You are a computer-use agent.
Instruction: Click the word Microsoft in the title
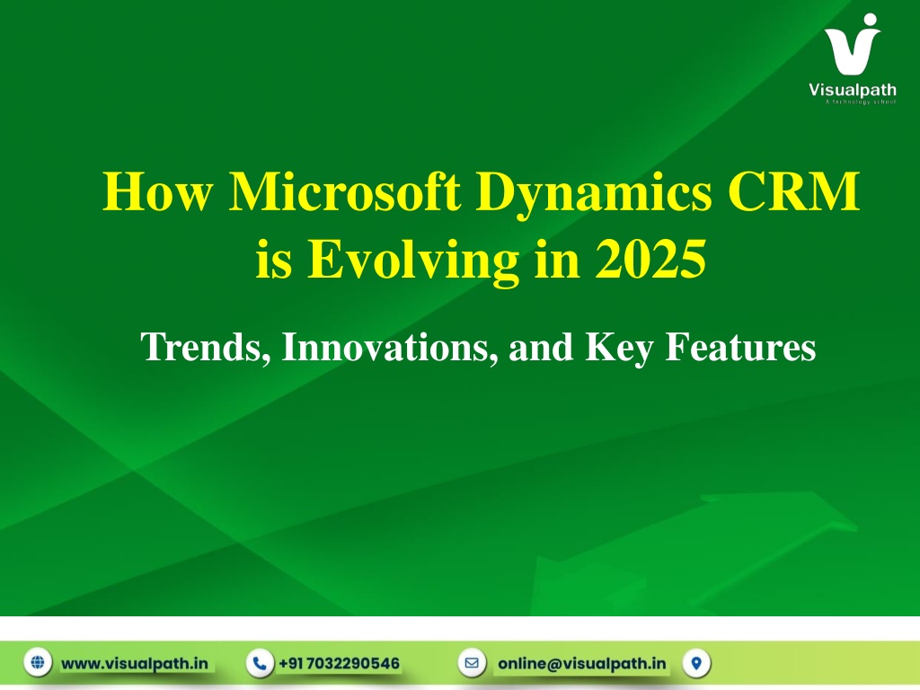[x=345, y=191]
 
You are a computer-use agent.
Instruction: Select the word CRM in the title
[x=794, y=191]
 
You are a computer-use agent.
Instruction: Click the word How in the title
[x=158, y=191]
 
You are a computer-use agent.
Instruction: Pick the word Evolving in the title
[x=413, y=262]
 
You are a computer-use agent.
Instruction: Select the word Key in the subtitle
[x=619, y=348]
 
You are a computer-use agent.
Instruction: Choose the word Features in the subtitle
[x=740, y=347]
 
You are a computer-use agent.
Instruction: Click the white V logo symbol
[x=852, y=45]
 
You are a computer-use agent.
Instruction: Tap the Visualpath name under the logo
[x=853, y=90]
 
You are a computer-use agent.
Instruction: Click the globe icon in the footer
[x=38, y=663]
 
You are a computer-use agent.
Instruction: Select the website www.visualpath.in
[x=135, y=664]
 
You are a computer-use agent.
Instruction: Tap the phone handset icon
[x=260, y=663]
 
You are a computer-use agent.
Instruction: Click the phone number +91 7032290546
[x=339, y=664]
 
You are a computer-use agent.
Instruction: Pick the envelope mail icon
[x=472, y=663]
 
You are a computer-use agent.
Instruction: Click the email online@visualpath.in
[x=582, y=664]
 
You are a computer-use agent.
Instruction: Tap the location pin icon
[x=696, y=663]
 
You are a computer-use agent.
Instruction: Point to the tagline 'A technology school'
[x=861, y=102]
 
